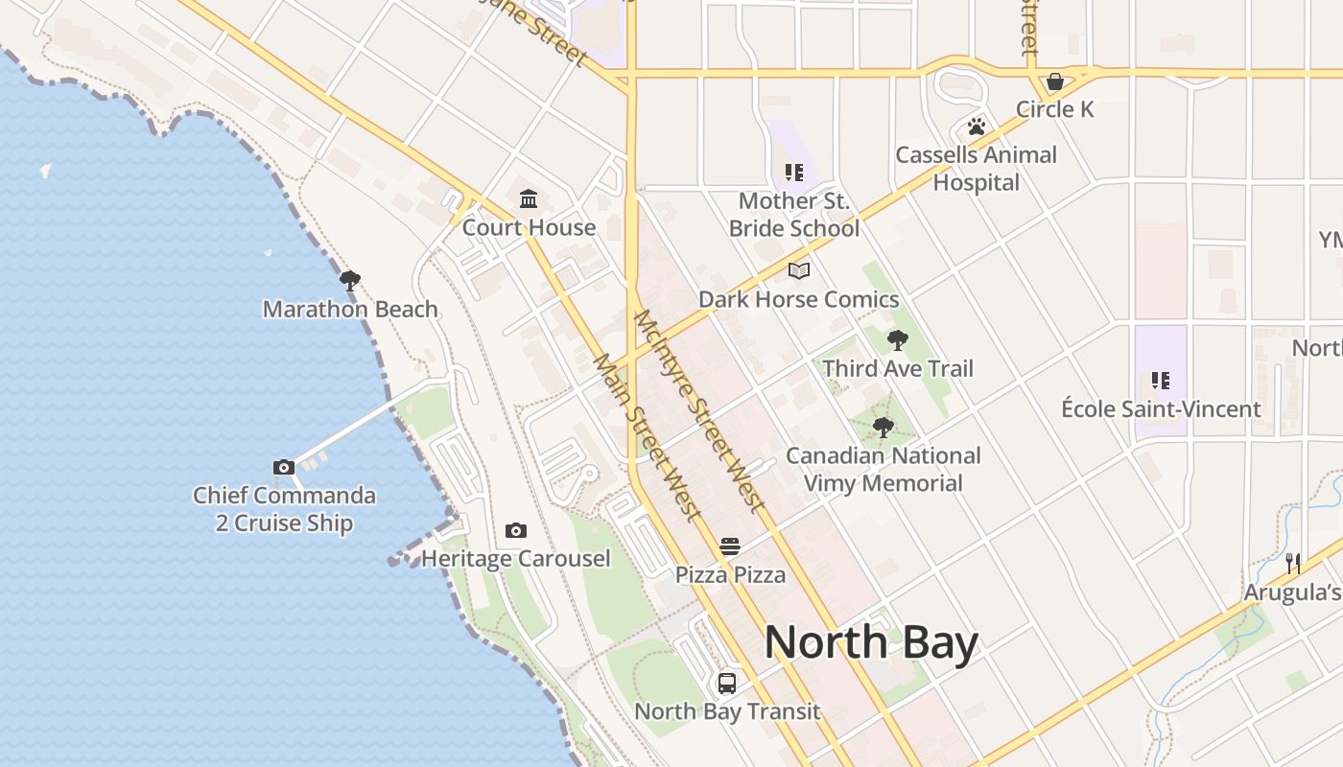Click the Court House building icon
(529, 199)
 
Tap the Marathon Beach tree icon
(350, 281)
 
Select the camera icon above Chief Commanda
(284, 468)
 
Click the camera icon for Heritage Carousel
(516, 531)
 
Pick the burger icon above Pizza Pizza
(730, 547)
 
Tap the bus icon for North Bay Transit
(727, 684)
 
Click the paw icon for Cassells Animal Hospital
(977, 127)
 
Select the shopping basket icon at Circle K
(1055, 81)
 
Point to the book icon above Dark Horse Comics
(799, 271)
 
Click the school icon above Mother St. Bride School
(794, 173)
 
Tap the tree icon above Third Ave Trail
(898, 340)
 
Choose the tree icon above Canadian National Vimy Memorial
(884, 428)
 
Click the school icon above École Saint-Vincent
(1161, 381)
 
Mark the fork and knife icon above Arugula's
(1293, 564)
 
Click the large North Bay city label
(871, 642)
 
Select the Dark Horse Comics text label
(799, 299)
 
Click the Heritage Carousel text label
(516, 559)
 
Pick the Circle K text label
(1055, 109)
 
